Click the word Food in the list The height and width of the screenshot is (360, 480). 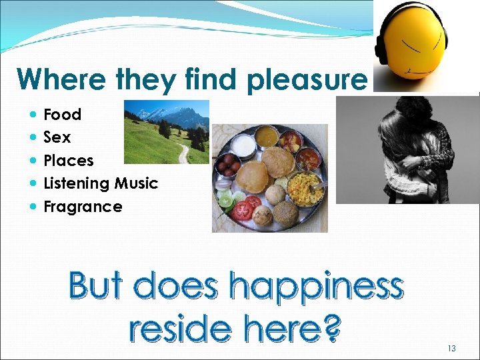[x=62, y=115]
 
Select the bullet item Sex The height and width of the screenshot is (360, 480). [x=57, y=137]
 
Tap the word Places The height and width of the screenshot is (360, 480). [x=68, y=161]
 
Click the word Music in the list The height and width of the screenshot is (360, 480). [x=136, y=183]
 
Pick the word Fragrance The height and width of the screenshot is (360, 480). [x=83, y=207]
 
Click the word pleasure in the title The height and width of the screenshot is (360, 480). [x=306, y=80]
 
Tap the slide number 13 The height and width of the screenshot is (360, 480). [x=451, y=348]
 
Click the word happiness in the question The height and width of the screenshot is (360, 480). [x=316, y=287]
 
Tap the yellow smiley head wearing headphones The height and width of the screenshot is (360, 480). [x=411, y=40]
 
